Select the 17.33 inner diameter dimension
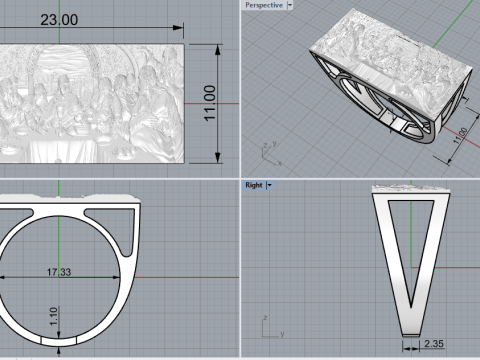[x=66, y=271]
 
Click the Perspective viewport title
[x=264, y=5]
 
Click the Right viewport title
[x=253, y=185]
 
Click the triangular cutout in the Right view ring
[x=409, y=240]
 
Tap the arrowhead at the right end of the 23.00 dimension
[x=183, y=28]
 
